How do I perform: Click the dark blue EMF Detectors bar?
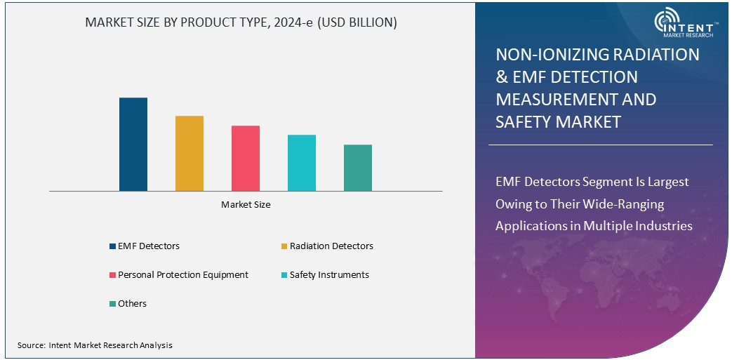click(133, 144)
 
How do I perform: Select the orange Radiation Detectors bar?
click(189, 153)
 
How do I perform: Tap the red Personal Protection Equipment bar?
click(246, 158)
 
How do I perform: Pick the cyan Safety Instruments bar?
click(302, 162)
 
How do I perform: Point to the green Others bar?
click(358, 168)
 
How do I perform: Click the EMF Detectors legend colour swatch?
click(112, 246)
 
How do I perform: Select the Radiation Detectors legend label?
click(331, 246)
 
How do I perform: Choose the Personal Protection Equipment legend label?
click(183, 275)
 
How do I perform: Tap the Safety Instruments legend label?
click(329, 275)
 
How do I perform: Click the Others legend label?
click(133, 304)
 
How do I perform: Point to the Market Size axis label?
click(246, 205)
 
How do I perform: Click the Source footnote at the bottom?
click(95, 345)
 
